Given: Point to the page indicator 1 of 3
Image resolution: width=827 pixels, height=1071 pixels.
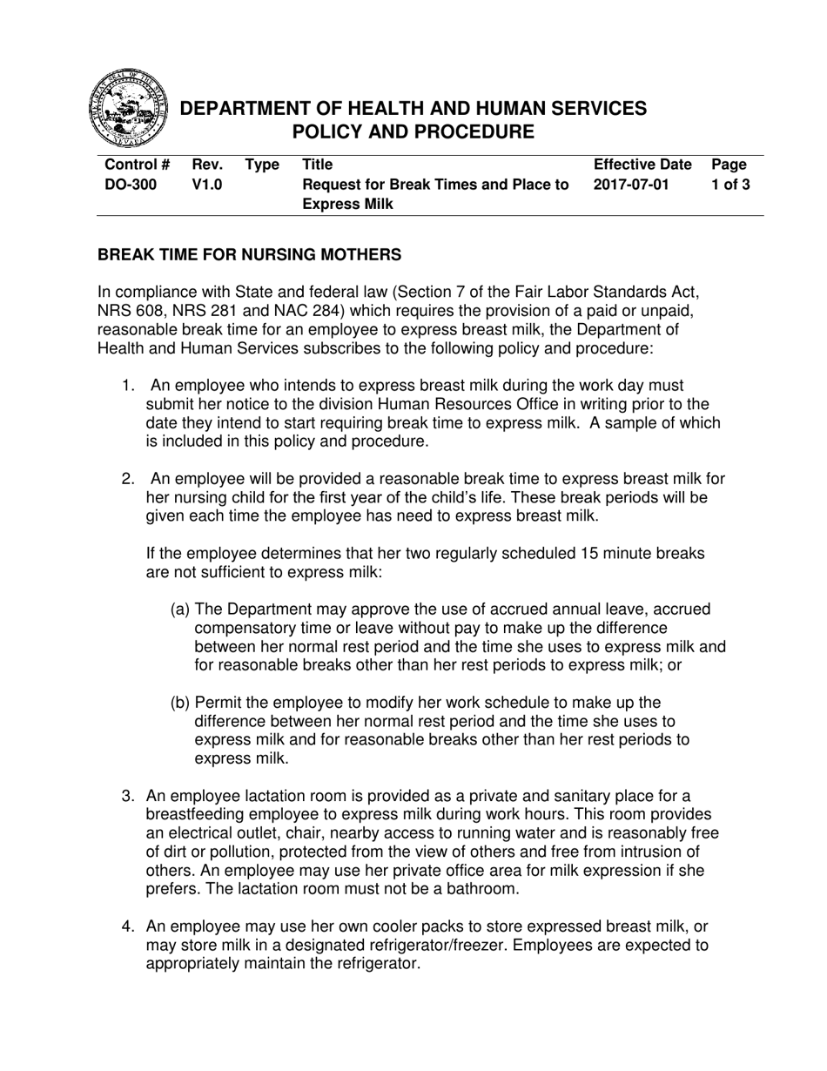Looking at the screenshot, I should click(730, 185).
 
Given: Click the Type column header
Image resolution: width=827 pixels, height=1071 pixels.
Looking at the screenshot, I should click(262, 165).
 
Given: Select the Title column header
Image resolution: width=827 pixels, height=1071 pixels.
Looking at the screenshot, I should click(317, 165).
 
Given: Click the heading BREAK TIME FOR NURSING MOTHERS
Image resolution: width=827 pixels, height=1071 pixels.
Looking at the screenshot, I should click(249, 255).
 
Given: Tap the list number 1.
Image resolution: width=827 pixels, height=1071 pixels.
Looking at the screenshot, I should click(128, 385).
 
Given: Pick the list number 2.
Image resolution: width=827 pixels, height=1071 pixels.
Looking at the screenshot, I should click(128, 479).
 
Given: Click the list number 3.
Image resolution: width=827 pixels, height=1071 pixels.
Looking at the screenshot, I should click(128, 796).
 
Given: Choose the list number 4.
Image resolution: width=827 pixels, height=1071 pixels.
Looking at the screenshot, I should click(128, 926).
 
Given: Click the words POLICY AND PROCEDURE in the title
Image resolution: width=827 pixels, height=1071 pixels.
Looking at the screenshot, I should click(413, 132).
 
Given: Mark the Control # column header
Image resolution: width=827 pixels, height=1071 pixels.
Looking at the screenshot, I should click(137, 165).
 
